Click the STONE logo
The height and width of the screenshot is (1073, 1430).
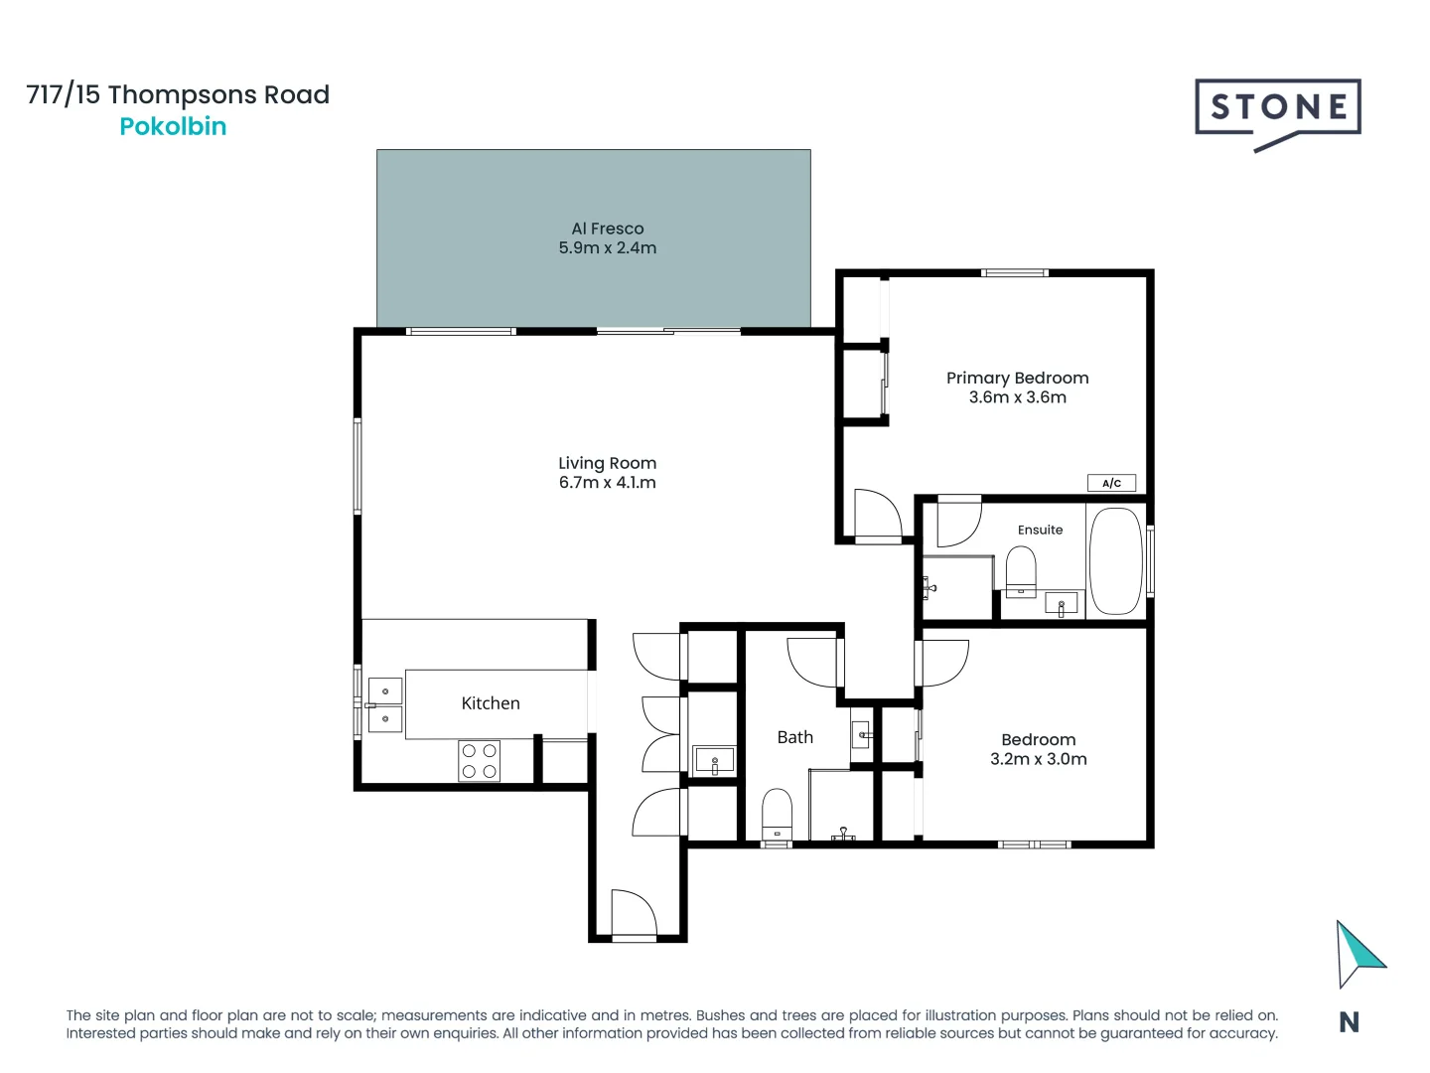tap(1277, 108)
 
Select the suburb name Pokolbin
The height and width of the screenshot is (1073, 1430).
tap(173, 126)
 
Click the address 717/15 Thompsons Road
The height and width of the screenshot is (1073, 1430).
tap(178, 94)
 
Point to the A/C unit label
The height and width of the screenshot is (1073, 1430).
tap(1111, 483)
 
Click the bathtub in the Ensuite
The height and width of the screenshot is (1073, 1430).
tap(1115, 562)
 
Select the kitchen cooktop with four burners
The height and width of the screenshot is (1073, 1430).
tap(479, 761)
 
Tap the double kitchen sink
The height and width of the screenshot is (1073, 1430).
tap(384, 704)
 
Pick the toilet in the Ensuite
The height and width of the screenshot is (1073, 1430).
tap(1021, 571)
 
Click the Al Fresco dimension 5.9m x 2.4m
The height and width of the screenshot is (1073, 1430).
tap(607, 248)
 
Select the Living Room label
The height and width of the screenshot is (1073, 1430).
tap(607, 463)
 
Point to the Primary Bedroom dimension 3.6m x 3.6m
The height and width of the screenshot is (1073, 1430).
tap(1017, 397)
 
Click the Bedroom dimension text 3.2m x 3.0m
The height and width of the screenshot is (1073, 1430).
tap(1038, 759)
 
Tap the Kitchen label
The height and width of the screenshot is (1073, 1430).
tap(491, 703)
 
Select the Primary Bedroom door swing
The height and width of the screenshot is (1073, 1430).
tap(876, 513)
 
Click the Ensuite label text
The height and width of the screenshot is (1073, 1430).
tap(1040, 530)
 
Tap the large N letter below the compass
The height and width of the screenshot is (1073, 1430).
tap(1349, 1022)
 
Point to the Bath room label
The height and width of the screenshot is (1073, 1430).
tap(794, 737)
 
